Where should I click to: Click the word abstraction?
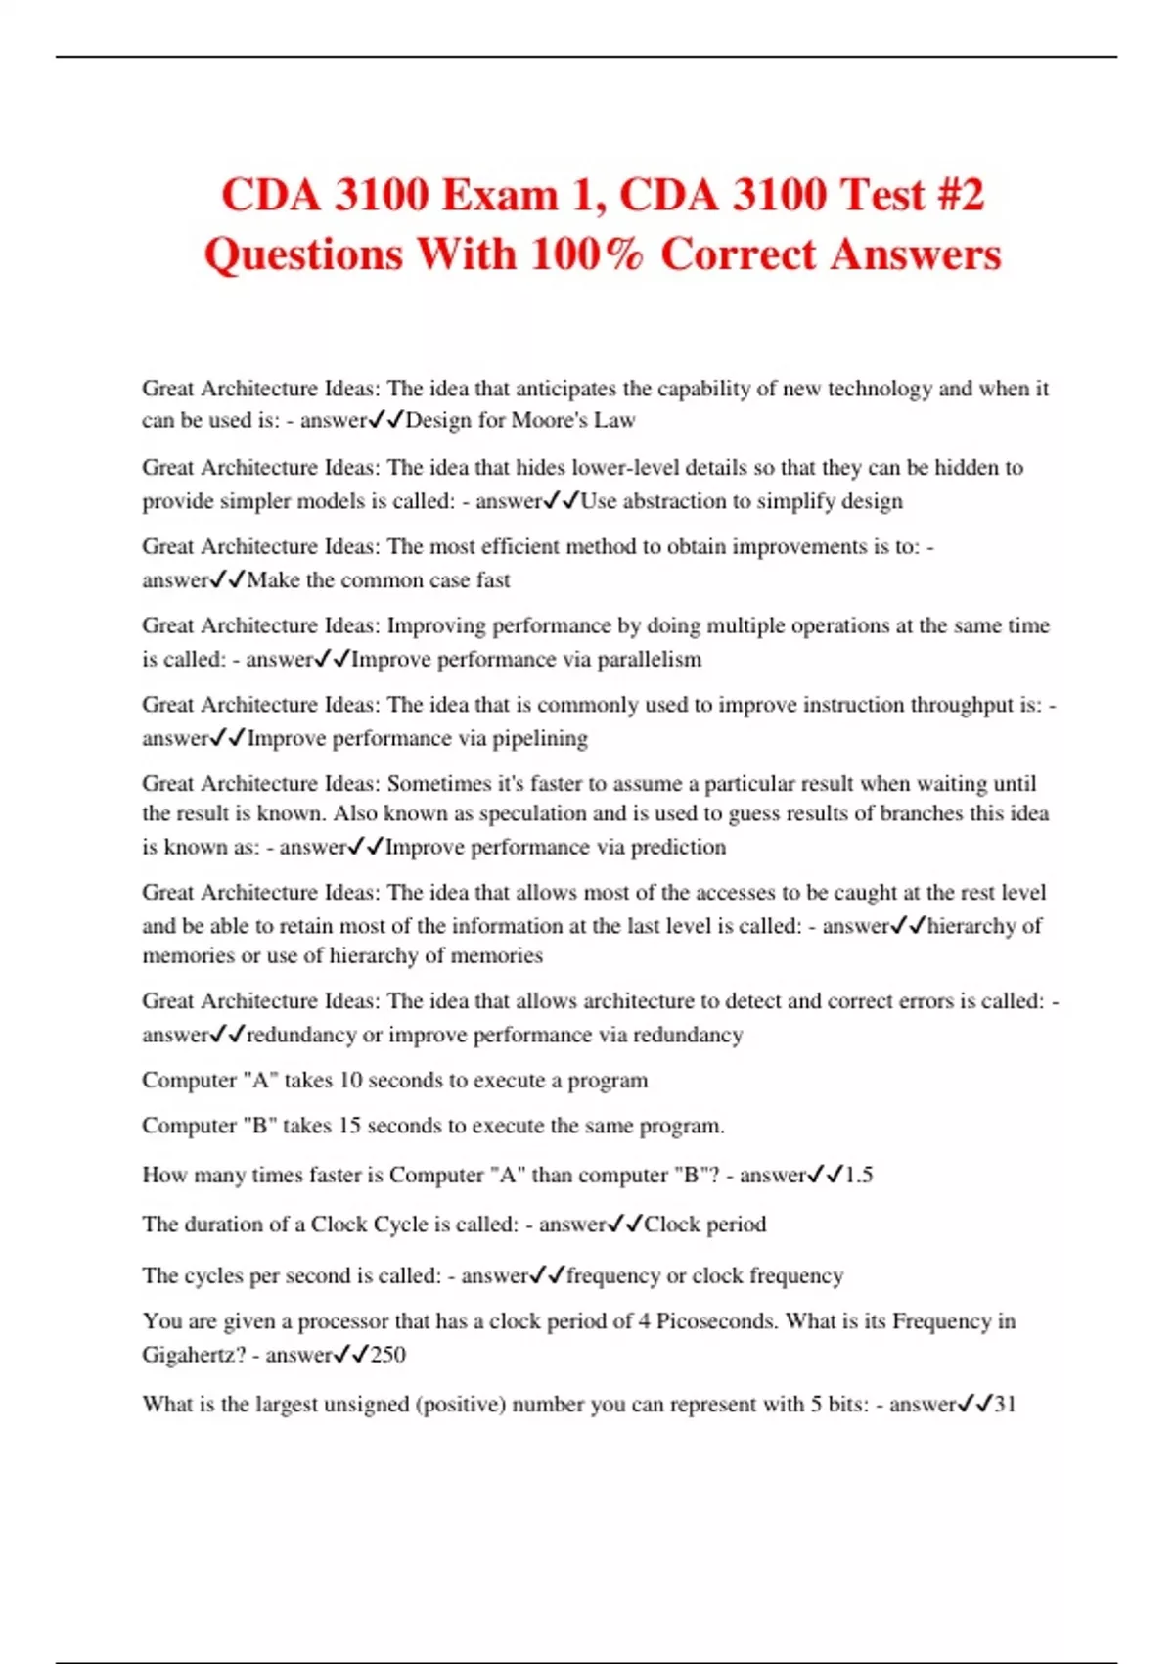pos(675,500)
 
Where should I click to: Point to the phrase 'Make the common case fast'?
pos(379,579)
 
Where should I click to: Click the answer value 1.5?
pos(858,1174)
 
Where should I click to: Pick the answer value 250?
pos(387,1354)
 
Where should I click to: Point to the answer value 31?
pos(1005,1404)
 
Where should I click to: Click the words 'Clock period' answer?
pos(704,1224)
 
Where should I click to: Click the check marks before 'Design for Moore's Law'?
pos(386,420)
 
